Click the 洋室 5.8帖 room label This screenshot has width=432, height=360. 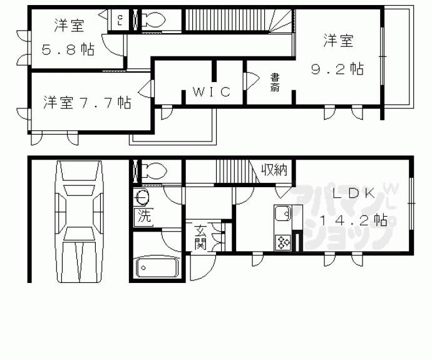[x=69, y=38]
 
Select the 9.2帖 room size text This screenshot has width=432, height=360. [x=338, y=68]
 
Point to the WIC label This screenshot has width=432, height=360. [x=211, y=92]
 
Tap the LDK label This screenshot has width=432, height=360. [x=354, y=194]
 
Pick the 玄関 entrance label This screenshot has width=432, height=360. [x=200, y=237]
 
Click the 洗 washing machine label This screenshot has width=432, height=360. [x=143, y=219]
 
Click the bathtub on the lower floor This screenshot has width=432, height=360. [x=157, y=267]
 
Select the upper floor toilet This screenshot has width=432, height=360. [x=152, y=19]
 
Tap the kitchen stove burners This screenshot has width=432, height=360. [x=282, y=241]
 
